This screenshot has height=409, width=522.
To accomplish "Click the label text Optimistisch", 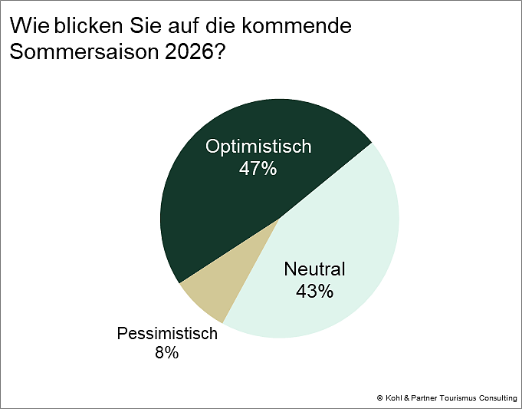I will pyautogui.click(x=258, y=147).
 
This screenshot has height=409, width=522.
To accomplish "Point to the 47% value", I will pyautogui.click(x=258, y=169).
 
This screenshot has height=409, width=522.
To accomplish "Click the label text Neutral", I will pyautogui.click(x=314, y=269).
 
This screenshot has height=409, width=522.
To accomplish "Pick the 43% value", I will pyautogui.click(x=314, y=291).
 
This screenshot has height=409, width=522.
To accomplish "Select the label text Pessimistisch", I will pyautogui.click(x=167, y=334).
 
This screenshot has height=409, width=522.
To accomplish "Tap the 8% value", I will pyautogui.click(x=166, y=353).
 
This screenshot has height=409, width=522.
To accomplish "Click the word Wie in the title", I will pyautogui.click(x=29, y=26).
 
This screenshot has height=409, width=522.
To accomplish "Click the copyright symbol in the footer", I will pyautogui.click(x=379, y=397).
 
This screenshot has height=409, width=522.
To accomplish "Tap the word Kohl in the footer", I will pyautogui.click(x=394, y=397).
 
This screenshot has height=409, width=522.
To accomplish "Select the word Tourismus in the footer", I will pyautogui.click(x=461, y=397).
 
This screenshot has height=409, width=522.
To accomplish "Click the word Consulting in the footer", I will pyautogui.click(x=500, y=397).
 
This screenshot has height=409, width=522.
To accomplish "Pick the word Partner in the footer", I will pyautogui.click(x=427, y=397).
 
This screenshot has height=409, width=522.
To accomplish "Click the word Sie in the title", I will pyautogui.click(x=143, y=26).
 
